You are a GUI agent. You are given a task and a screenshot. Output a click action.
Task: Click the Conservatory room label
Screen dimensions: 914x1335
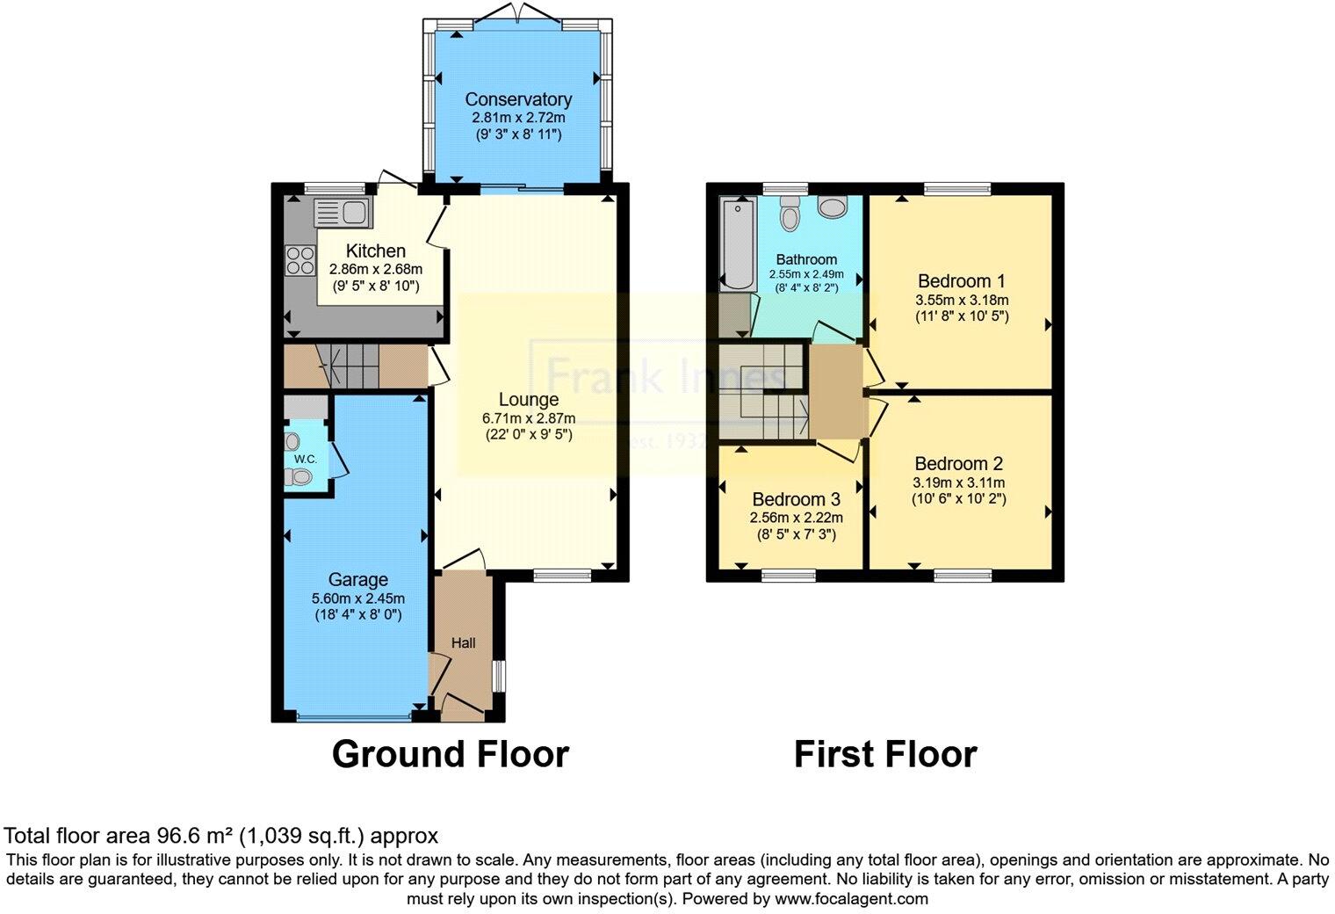[518, 99]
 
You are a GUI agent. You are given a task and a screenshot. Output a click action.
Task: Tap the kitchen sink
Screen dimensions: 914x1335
[343, 213]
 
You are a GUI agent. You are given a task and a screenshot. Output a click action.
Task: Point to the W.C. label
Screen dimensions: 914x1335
[305, 459]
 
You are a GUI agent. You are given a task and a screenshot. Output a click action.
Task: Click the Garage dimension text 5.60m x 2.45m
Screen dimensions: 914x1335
[357, 598]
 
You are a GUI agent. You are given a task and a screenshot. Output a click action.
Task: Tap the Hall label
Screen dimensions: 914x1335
[463, 643]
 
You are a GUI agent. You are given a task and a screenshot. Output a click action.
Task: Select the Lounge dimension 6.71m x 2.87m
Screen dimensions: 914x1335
[529, 417]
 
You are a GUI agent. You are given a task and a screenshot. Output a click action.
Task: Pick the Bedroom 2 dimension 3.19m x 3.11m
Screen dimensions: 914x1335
[959, 482]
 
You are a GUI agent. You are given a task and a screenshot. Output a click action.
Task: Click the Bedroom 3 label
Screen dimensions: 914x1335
[796, 499]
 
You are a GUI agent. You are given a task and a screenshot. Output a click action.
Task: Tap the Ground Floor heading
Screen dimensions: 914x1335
[450, 754]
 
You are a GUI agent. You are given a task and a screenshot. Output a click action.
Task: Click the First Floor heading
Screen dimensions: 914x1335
[884, 754]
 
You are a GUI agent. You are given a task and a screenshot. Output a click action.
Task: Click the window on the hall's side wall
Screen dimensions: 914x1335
[499, 677]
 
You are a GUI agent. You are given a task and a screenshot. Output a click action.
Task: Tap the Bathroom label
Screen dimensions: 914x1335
[805, 259]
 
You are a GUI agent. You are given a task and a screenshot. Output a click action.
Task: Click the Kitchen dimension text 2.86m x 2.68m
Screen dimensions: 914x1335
[375, 270]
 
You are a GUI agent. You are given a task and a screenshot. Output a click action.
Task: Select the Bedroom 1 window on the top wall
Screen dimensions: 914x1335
[956, 188]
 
